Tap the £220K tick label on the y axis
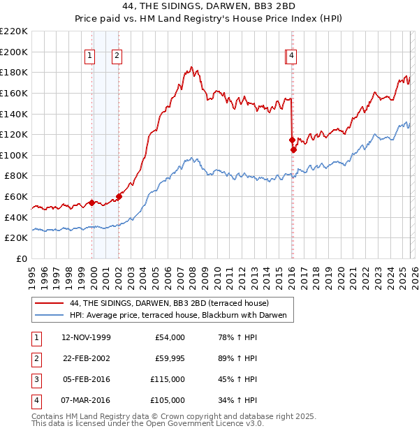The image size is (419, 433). [x=15, y=31]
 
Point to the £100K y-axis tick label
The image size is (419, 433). [x=15, y=155]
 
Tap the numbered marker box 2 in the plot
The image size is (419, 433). [x=117, y=57]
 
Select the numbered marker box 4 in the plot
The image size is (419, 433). [x=292, y=57]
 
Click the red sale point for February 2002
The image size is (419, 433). [x=119, y=197]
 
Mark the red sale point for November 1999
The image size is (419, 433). [x=91, y=203]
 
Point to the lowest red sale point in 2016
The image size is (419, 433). [x=293, y=149]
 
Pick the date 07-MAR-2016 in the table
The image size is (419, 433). [x=86, y=400]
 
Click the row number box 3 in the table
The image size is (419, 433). [x=35, y=379]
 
